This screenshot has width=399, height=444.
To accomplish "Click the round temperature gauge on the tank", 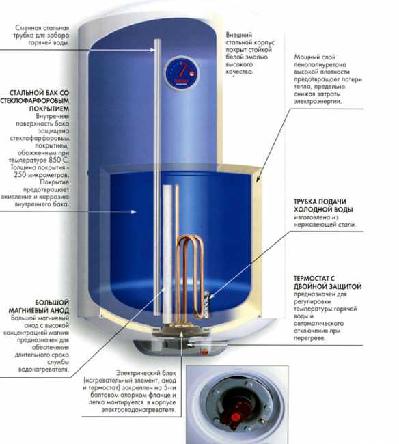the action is point(182,73).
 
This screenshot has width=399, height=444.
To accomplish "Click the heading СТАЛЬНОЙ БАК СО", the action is point(39,93).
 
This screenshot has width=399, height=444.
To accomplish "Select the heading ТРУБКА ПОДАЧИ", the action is point(320,202).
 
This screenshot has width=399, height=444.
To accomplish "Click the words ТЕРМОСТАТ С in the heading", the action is point(314,278).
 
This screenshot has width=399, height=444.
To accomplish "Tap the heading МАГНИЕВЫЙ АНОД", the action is point(39,310).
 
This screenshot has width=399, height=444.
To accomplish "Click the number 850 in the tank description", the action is point(55,160).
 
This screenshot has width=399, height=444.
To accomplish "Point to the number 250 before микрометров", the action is point(20,175).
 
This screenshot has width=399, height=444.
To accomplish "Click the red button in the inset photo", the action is point(235,417).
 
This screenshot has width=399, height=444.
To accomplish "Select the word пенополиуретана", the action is point(320,65).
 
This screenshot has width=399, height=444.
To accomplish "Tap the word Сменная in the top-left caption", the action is point(28,28).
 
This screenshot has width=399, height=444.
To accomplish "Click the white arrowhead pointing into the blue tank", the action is point(134,212).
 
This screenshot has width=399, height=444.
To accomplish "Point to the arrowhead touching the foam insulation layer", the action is point(258,179).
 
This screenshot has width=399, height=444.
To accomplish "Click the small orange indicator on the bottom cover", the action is point(204,352).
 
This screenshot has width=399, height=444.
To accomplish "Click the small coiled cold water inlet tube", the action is point(206,305).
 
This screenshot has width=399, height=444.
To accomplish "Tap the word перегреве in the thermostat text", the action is point(309,338).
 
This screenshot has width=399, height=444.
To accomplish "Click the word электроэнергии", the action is point(318,101).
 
